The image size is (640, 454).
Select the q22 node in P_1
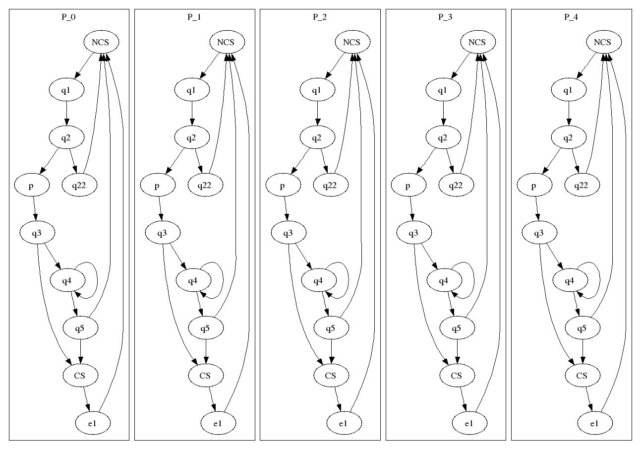[x=205, y=185]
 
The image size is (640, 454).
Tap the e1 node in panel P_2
[x=344, y=423]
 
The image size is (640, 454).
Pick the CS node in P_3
[x=457, y=376]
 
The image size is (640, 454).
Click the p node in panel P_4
[x=534, y=186]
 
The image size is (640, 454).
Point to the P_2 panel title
[x=320, y=17]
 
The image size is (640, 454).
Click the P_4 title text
[x=571, y=17]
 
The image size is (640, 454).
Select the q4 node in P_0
[x=67, y=281]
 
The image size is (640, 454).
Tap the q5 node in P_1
[x=206, y=328]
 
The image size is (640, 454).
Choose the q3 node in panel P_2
[x=288, y=233]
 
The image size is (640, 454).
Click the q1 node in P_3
[x=443, y=90]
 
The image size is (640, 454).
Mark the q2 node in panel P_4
[x=569, y=137]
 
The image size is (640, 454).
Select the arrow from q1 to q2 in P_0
[x=67, y=114]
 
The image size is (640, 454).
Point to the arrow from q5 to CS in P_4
[x=582, y=351]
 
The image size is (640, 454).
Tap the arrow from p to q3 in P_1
[x=160, y=209]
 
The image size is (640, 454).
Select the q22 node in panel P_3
[x=456, y=185]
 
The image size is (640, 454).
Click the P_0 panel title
[x=69, y=17]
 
